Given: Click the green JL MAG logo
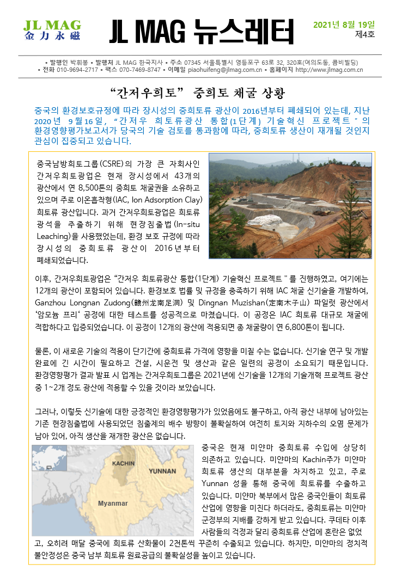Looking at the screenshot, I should (x=52, y=32).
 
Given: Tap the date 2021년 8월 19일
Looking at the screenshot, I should (x=344, y=24).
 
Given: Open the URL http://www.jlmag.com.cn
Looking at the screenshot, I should (x=329, y=70).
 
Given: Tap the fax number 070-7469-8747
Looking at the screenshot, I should (x=140, y=70).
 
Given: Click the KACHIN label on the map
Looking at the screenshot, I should (x=123, y=463).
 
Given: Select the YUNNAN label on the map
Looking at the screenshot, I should (x=162, y=470).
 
